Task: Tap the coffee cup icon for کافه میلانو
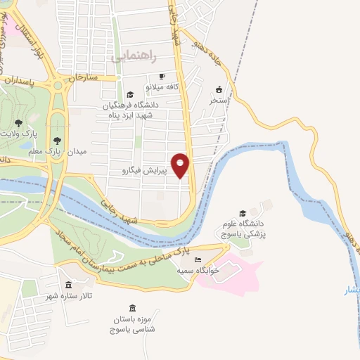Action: (x=162, y=77)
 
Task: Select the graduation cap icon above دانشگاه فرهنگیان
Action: (x=129, y=94)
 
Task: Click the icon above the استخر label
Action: (x=219, y=89)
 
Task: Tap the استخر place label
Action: (x=219, y=100)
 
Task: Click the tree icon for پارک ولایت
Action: (x=18, y=123)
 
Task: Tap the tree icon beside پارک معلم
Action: (x=67, y=140)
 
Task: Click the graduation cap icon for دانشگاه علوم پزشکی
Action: (x=243, y=213)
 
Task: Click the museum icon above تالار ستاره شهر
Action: (x=68, y=285)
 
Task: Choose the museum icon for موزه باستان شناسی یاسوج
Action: (x=133, y=308)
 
